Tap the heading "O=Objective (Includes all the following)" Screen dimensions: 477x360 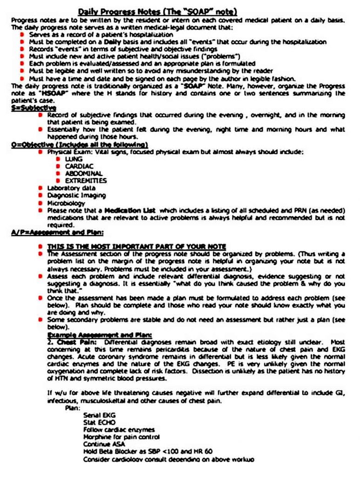pos(79,144)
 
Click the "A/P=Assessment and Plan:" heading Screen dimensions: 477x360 pos(57,232)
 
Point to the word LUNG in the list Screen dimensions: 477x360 pos(74,159)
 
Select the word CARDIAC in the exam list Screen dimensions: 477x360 pos(79,166)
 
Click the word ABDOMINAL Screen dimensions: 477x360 pos(84,173)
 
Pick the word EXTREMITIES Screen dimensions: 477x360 pos(86,180)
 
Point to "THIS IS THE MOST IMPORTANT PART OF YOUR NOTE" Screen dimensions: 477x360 pos(136,246)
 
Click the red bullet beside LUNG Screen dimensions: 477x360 pos(58,159)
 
